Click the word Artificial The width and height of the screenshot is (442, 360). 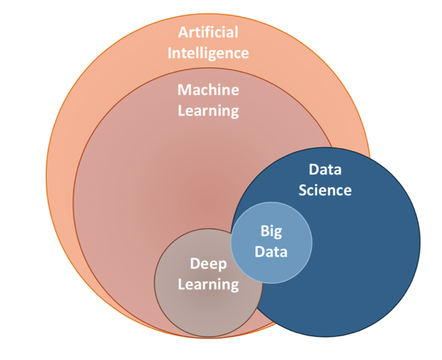pos(208,32)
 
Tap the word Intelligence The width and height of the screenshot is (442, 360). pos(208,54)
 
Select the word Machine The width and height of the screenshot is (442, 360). pos(208,90)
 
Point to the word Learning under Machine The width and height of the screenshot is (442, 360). pos(208,111)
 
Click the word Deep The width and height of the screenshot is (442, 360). pos(208,265)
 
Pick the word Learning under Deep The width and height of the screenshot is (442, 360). pos(208,284)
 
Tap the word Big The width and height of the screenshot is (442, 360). pos(271,232)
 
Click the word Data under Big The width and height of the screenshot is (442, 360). pos(271,252)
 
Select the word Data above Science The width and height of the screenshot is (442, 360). pos(325,169)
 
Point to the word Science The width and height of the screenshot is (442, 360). pos(325,190)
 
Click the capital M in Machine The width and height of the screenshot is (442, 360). pos(185,90)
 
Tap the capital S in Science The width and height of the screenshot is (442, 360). pos(303,190)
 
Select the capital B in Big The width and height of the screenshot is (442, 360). pos(265,231)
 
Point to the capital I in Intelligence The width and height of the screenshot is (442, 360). pos(170,53)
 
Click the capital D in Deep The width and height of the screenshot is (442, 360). pos(195,263)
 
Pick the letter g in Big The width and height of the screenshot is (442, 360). pos(277,234)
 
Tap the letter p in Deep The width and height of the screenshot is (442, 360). pos(222,267)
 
